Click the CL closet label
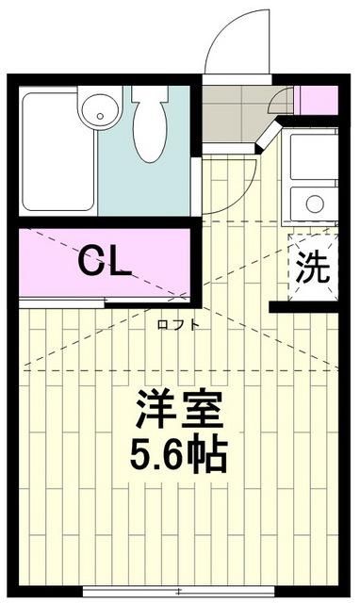104,262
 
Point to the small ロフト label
178,324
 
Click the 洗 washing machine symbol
313,268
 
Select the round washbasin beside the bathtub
96,112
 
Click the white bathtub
55,151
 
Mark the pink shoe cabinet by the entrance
317,100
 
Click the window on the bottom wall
178,594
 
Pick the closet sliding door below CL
104,301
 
